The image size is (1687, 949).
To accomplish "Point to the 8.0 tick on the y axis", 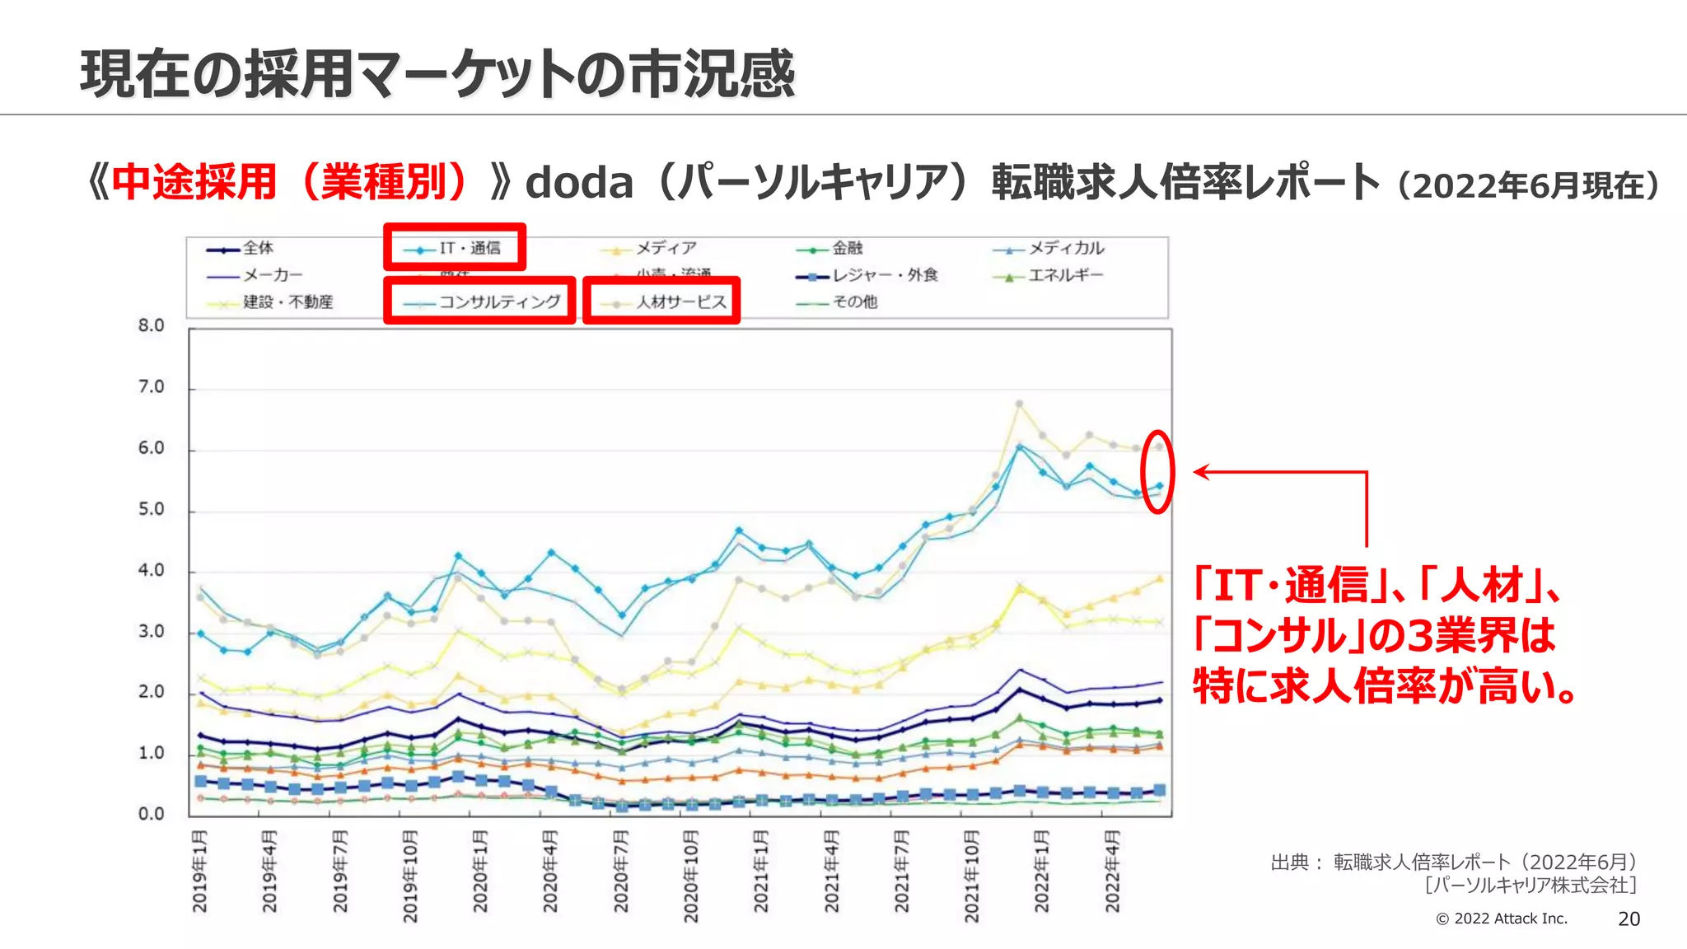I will pos(152,325).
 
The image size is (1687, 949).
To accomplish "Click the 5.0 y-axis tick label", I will pos(152,509).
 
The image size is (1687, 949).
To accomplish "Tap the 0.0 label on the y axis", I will pos(152,814).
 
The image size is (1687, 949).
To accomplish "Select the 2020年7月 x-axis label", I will pos(621,872).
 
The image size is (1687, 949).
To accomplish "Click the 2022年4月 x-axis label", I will pos(1112,872).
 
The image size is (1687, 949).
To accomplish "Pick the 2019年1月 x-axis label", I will pos(200,872).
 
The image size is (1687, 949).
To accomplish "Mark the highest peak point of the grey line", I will pos(1019,404).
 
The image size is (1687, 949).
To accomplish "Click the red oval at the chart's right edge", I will pos(1157,471).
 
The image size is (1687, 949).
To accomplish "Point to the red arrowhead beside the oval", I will pos(1200,472).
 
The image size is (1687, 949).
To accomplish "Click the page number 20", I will pos(1629,919).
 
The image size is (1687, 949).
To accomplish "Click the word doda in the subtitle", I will pos(579,183).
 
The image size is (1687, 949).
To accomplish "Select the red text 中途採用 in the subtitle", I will pos(194,183).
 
